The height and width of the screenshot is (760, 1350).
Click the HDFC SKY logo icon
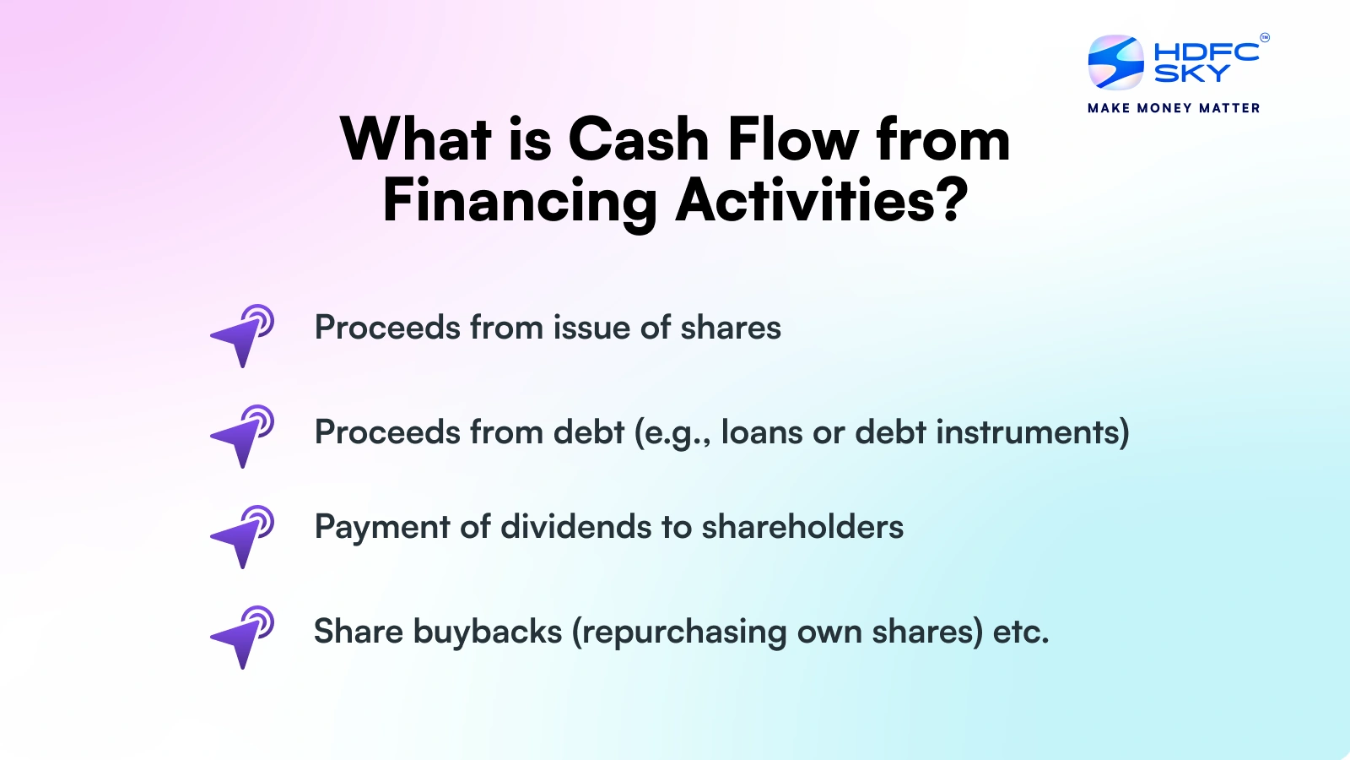click(1115, 62)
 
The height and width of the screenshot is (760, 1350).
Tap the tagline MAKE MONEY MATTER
click(1174, 108)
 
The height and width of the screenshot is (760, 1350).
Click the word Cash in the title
click(638, 139)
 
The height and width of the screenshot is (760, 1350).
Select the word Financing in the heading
click(520, 202)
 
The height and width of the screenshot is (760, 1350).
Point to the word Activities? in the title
click(822, 202)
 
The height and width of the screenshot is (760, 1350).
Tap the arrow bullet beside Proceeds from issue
click(242, 335)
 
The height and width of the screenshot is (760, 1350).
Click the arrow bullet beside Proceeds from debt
click(242, 436)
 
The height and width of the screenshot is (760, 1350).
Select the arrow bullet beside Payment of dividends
click(242, 536)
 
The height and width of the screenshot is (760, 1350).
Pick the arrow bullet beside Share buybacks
click(242, 637)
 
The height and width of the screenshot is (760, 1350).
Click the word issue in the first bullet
click(591, 328)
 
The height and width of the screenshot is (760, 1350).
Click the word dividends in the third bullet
click(576, 527)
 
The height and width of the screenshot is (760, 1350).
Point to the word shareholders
click(802, 527)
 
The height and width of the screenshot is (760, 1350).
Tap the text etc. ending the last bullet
click(1021, 632)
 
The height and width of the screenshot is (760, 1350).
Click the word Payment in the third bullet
click(381, 528)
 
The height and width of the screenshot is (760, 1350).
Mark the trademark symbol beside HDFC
click(1264, 37)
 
